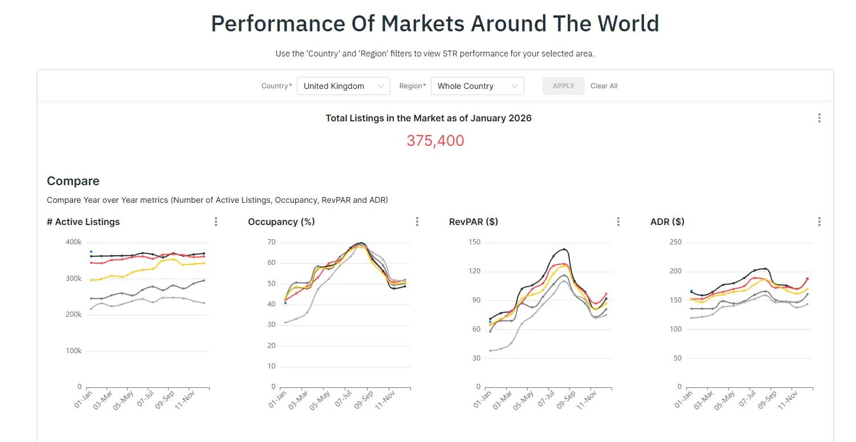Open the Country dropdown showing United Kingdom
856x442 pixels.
[x=343, y=86]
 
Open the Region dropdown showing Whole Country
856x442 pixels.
[x=477, y=86]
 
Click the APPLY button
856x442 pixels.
[x=563, y=86]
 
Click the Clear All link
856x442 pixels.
[x=604, y=86]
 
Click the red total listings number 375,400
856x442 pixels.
[x=435, y=141]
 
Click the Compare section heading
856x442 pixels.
[x=73, y=181]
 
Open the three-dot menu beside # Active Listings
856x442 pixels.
[x=216, y=222]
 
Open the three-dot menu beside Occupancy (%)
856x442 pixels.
[x=417, y=222]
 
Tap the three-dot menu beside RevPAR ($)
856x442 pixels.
[x=618, y=222]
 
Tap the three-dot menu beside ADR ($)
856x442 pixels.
[x=820, y=222]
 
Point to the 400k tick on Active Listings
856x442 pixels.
[x=74, y=242]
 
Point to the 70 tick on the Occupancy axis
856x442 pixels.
[x=271, y=242]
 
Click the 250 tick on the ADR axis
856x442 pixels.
[x=676, y=242]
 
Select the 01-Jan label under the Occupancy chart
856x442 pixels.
[x=278, y=399]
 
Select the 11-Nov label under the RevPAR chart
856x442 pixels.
[x=586, y=400]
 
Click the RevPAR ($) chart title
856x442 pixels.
[x=474, y=222]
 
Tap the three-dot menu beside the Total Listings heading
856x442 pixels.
[x=820, y=118]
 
